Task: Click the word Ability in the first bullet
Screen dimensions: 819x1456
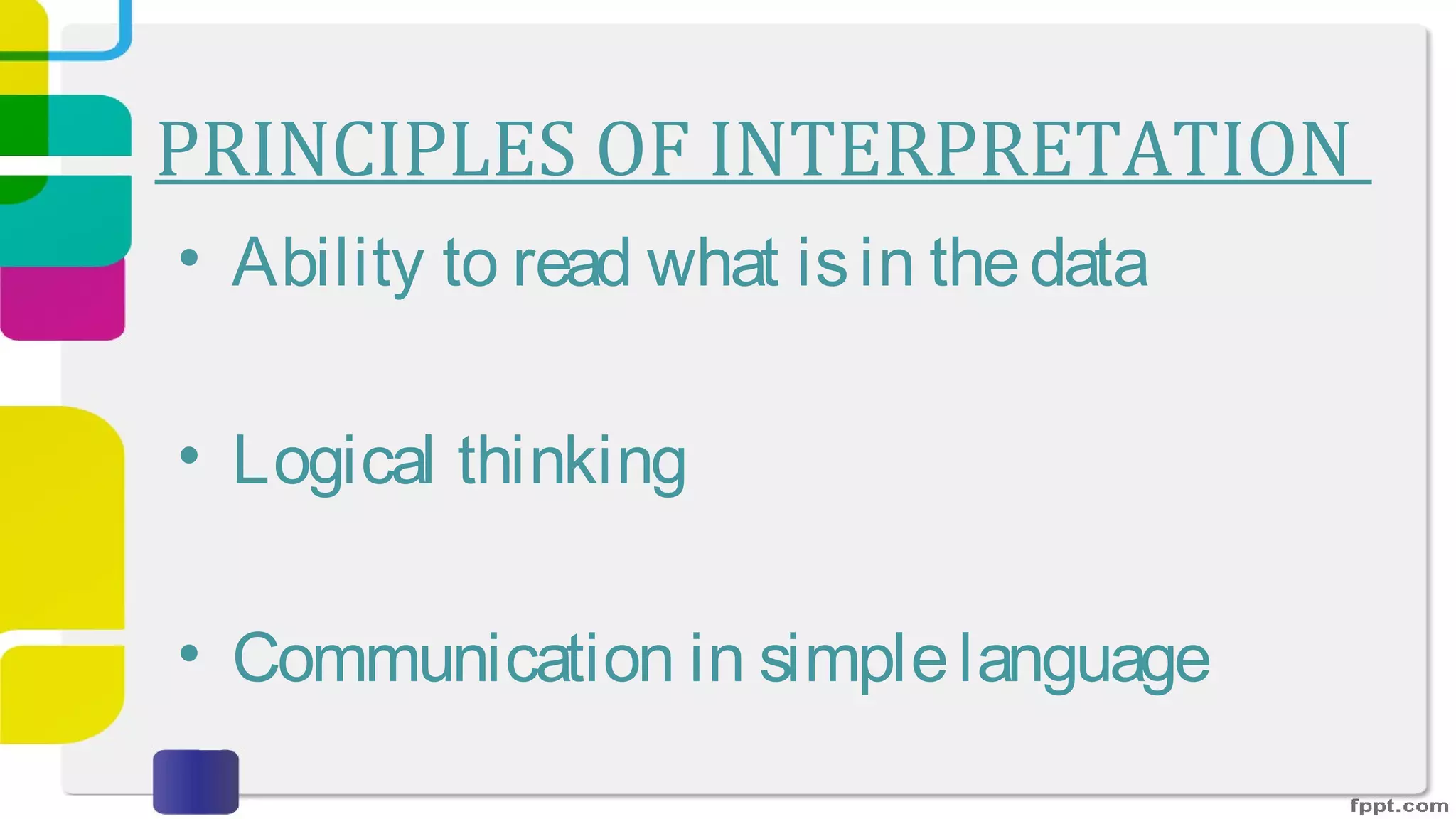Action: click(x=328, y=263)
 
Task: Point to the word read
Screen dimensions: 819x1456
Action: click(x=572, y=263)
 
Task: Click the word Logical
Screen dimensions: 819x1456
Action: click(x=333, y=461)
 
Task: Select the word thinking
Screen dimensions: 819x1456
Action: click(x=572, y=461)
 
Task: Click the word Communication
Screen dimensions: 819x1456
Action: click(x=453, y=658)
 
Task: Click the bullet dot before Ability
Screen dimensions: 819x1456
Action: click(x=189, y=257)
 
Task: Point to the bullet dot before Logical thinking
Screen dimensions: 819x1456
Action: click(x=189, y=455)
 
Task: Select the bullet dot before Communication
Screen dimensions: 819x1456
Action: click(x=189, y=653)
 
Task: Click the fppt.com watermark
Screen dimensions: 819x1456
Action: click(x=1398, y=805)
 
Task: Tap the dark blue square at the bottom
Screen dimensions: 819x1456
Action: click(x=196, y=781)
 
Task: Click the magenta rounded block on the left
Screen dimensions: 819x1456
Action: click(x=63, y=302)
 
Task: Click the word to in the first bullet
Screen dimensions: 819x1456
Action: click(x=469, y=263)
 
